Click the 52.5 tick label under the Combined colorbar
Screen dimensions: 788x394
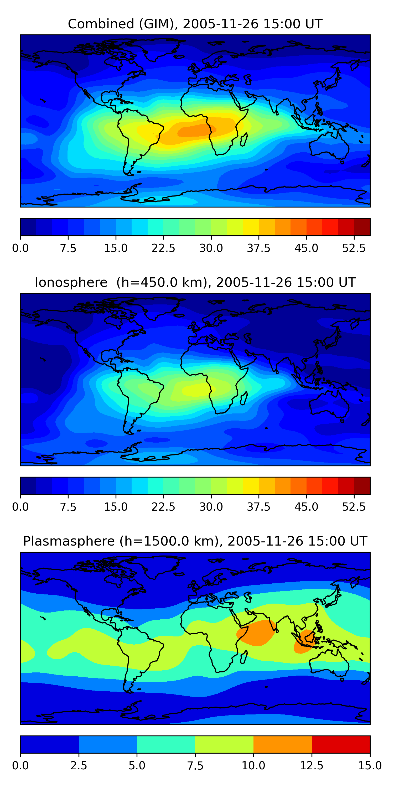click(x=354, y=248)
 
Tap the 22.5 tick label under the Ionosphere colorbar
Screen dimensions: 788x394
click(x=163, y=507)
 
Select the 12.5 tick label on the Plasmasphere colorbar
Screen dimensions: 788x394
click(x=312, y=766)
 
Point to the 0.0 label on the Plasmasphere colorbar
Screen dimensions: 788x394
click(x=20, y=766)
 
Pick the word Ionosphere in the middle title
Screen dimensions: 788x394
click(x=71, y=282)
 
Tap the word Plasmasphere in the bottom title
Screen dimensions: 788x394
click(x=69, y=541)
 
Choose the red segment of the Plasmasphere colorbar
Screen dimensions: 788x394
click(x=341, y=744)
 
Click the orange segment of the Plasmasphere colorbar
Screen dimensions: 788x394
click(x=282, y=744)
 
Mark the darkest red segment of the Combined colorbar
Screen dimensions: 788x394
click(x=362, y=227)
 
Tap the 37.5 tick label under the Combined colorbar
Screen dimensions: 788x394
click(x=258, y=248)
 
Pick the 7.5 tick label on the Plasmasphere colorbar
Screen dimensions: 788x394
click(x=195, y=766)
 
